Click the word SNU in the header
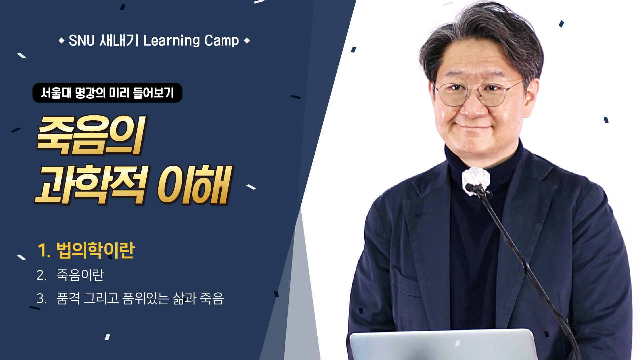point(82,41)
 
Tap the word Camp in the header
point(221,41)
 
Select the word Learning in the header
point(171,41)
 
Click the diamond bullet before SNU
point(61,41)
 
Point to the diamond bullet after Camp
point(247,41)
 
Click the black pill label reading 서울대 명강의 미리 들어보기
point(107,93)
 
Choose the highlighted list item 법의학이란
point(95,250)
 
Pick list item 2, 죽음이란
point(80,275)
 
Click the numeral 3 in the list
point(41,299)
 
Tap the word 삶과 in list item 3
point(184,298)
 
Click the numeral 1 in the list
point(41,251)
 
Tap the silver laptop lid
point(443,345)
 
